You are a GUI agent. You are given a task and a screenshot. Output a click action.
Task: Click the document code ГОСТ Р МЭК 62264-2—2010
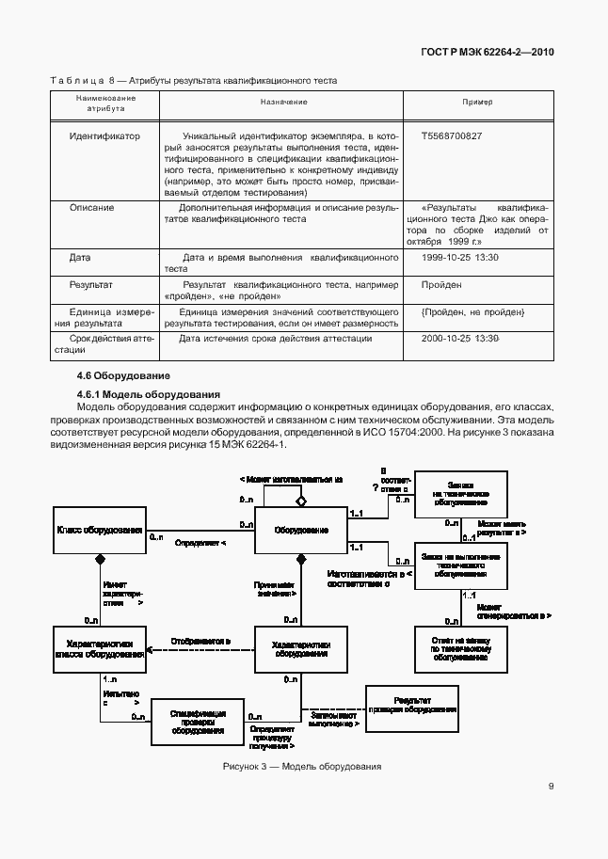pyautogui.click(x=487, y=52)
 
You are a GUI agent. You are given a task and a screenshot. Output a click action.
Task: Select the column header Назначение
pyautogui.click(x=284, y=102)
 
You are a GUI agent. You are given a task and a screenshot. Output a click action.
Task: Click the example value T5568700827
pyautogui.click(x=452, y=136)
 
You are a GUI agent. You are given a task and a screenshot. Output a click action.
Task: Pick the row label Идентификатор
pyautogui.click(x=104, y=136)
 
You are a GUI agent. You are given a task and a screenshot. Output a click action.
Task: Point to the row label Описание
pyautogui.click(x=92, y=207)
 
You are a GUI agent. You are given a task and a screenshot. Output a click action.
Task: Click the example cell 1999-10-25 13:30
pyautogui.click(x=460, y=257)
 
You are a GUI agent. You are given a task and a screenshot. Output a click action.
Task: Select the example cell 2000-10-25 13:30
pyautogui.click(x=460, y=339)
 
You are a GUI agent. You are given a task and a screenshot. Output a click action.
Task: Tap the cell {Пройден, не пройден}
pyautogui.click(x=472, y=311)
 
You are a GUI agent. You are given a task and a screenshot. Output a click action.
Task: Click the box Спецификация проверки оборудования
pyautogui.click(x=198, y=722)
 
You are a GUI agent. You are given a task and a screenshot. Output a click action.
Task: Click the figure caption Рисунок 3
pyautogui.click(x=301, y=767)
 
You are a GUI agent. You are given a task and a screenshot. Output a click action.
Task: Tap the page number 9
pyautogui.click(x=550, y=788)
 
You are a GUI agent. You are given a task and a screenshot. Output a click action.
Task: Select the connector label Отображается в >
pyautogui.click(x=200, y=642)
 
